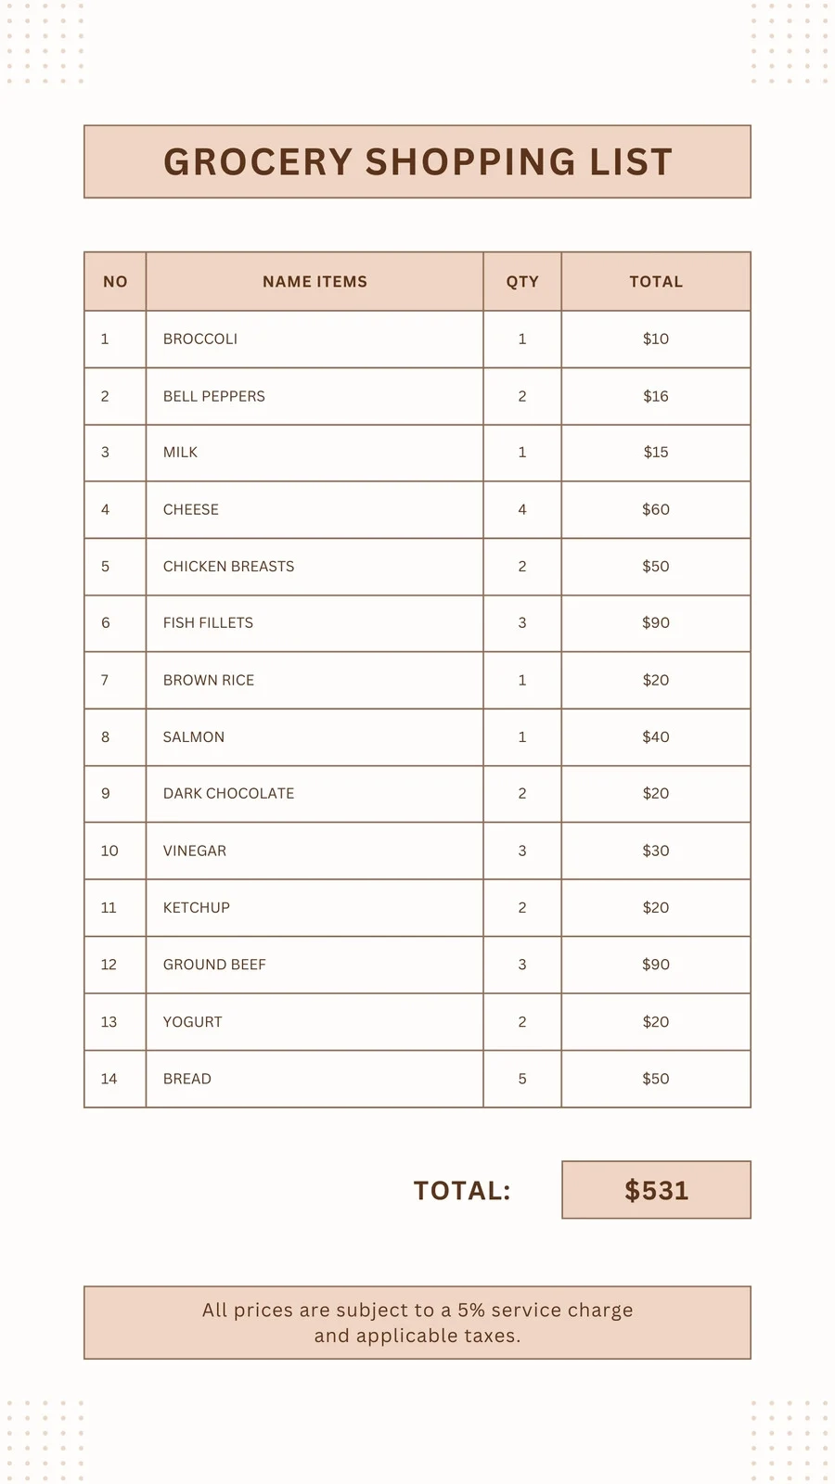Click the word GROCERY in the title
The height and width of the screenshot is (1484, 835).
tap(258, 162)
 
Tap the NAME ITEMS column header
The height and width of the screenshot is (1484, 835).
tap(315, 282)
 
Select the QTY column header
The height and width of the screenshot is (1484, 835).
tap(522, 282)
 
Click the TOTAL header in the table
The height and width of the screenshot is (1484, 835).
tap(656, 282)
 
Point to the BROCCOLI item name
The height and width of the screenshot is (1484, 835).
tap(200, 339)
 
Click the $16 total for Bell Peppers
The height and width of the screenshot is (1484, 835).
tap(656, 396)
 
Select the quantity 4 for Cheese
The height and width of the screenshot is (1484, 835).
tap(522, 509)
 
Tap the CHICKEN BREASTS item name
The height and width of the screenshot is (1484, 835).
tap(228, 567)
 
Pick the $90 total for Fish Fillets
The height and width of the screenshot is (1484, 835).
tap(656, 623)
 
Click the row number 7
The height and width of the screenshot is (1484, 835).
tap(105, 680)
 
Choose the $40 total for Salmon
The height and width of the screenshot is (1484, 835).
tap(656, 737)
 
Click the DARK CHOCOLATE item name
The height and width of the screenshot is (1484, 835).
tap(228, 794)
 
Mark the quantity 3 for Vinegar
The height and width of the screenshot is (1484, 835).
tap(522, 851)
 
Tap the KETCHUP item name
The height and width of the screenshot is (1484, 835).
tap(197, 908)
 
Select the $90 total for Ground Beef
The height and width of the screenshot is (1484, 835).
tap(656, 965)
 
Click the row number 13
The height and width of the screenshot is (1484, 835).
tap(109, 1022)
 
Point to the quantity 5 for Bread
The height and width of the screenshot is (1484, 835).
tap(522, 1079)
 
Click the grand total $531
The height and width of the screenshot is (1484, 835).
tap(656, 1191)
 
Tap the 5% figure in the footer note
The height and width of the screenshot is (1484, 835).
tap(471, 1311)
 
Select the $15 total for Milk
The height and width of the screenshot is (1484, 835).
tap(656, 453)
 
